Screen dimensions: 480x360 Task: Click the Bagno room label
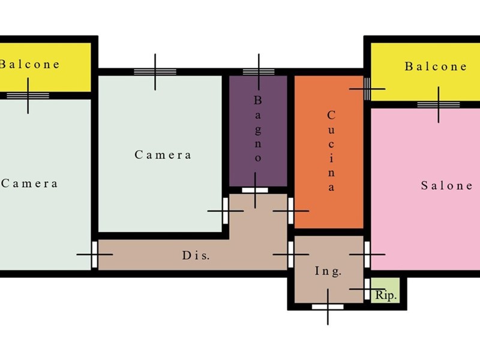coord(258,129)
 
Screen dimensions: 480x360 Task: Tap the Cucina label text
coord(331,151)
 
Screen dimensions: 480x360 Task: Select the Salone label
coord(446,185)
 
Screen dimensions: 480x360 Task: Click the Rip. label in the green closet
coord(386,295)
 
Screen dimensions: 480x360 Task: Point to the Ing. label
coord(328,271)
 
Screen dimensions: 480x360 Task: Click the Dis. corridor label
coord(196,255)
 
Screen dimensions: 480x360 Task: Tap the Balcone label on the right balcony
coord(436,67)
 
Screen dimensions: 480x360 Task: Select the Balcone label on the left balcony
coord(29,64)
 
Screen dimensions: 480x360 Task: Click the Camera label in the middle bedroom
coord(163,155)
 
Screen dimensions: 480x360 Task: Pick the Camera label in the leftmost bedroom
coord(29,184)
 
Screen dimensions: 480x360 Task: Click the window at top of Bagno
coord(259,72)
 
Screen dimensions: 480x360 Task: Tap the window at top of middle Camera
coord(155,72)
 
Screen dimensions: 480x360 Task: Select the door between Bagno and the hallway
coord(255,190)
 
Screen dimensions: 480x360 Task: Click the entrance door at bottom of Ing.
coord(328,307)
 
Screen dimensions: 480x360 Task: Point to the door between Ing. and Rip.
coord(367,289)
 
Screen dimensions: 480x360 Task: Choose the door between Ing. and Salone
coord(367,254)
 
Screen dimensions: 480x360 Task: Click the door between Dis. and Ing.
coord(291,254)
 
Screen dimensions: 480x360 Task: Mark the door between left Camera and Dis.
coord(95,254)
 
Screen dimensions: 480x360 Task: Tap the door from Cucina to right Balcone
coord(367,89)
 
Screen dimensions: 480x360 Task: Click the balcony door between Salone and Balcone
coord(439,104)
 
